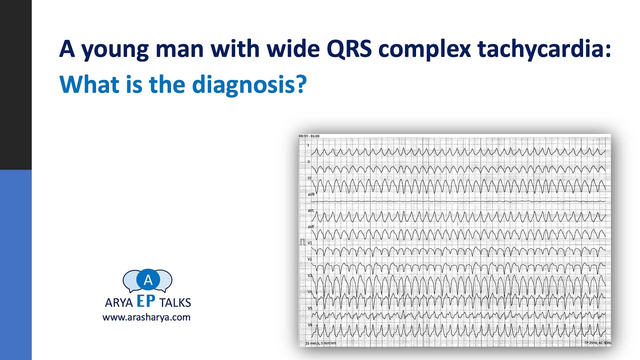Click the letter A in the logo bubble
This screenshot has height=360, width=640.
coord(147,280)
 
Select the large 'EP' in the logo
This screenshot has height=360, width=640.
coord(147,301)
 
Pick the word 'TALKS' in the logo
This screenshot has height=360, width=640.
coord(175,303)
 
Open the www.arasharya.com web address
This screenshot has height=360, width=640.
coord(146,317)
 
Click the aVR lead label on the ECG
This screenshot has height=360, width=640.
coord(311,194)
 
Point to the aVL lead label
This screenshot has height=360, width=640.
coord(311,210)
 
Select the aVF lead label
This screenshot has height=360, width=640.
coord(311,226)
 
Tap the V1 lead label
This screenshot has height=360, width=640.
coord(309,243)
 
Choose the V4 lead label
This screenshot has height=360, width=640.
coord(309,291)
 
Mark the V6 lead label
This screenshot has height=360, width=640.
coord(309,325)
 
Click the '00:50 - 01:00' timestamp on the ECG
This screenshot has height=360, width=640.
coord(309,136)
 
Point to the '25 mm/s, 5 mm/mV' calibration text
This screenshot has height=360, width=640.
coord(320,343)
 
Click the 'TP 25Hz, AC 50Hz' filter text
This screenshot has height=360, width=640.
coord(596,343)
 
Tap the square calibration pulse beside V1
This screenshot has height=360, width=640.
coord(302,243)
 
